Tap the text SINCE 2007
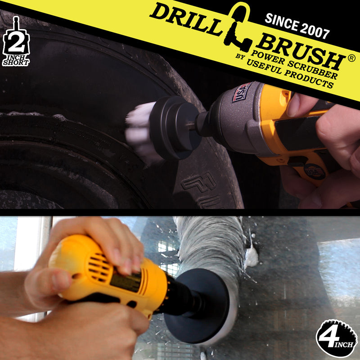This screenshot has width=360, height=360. coord(297,25)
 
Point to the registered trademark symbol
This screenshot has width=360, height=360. coord(352,58)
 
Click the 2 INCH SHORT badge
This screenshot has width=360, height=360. coord(16,43)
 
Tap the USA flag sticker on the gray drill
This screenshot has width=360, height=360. coord(242,92)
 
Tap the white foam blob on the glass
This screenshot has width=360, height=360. coord(251,256)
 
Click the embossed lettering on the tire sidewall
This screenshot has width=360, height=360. coord(200,189)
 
